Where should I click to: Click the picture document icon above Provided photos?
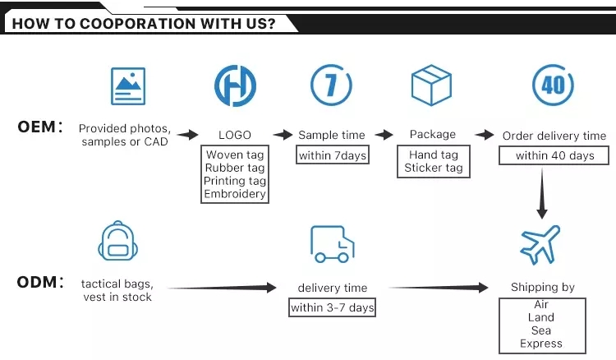pyautogui.click(x=128, y=86)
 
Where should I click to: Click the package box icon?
pyautogui.click(x=431, y=85)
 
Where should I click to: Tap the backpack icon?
pyautogui.click(x=117, y=241)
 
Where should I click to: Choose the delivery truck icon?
pyautogui.click(x=333, y=244)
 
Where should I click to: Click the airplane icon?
pyautogui.click(x=540, y=245)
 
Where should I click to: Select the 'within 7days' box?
pyautogui.click(x=333, y=155)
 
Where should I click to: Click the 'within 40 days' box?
pyautogui.click(x=554, y=155)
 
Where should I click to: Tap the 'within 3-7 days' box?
pyautogui.click(x=333, y=307)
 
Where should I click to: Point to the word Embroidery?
pyautogui.click(x=235, y=194)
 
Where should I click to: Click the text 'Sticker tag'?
pyautogui.click(x=434, y=168)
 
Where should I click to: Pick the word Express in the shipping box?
pyautogui.click(x=541, y=344)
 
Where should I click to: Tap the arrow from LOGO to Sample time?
pyautogui.click(x=283, y=135)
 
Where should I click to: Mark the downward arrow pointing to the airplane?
pyautogui.click(x=542, y=193)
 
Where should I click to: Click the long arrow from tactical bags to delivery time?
pyautogui.click(x=223, y=288)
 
